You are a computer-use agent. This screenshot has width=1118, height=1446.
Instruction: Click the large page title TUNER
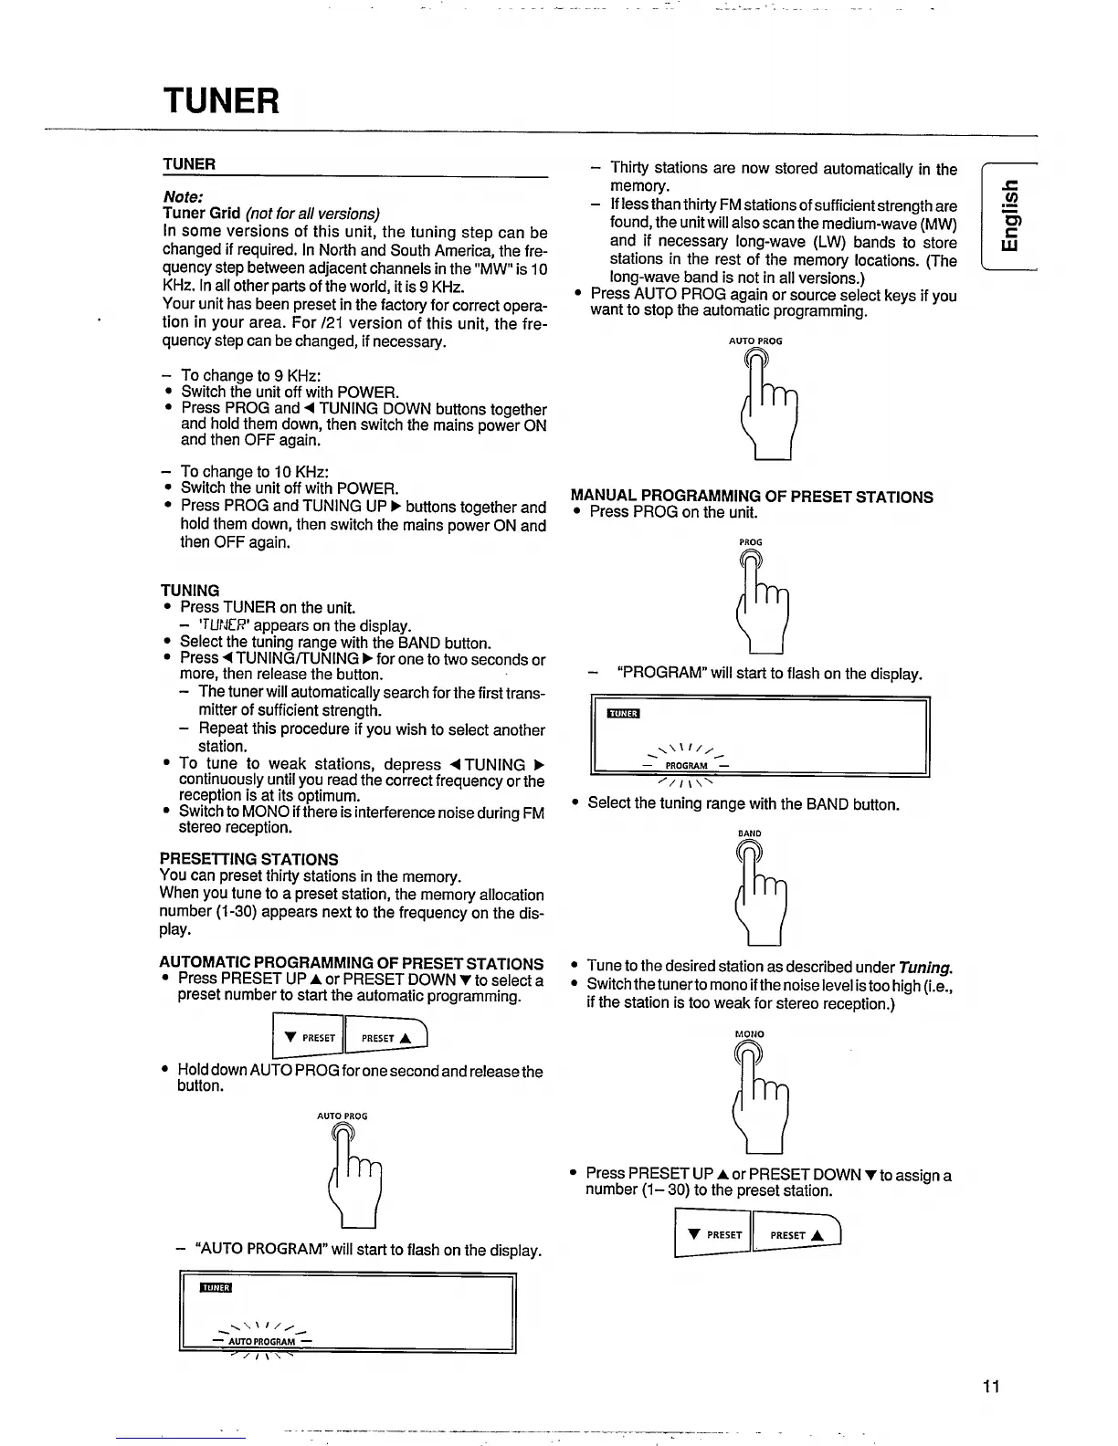point(221,100)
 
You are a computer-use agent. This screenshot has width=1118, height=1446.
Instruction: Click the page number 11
point(992,1386)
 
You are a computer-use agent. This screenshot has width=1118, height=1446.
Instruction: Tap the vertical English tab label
point(1007,215)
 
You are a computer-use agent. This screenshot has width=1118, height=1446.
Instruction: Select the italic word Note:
point(183,196)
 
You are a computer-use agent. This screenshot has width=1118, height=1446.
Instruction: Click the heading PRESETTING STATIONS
point(248,859)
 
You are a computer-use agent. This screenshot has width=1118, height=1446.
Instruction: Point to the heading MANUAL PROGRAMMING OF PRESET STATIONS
point(752,497)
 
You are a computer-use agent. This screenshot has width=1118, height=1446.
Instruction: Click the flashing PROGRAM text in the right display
point(686,766)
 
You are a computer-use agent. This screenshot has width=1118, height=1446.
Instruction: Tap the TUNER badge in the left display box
point(216,1288)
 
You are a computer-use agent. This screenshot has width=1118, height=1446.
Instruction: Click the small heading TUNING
point(190,591)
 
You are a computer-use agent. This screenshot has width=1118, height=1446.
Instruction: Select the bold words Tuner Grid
point(201,214)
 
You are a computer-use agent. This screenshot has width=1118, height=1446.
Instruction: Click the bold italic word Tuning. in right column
point(925,967)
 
